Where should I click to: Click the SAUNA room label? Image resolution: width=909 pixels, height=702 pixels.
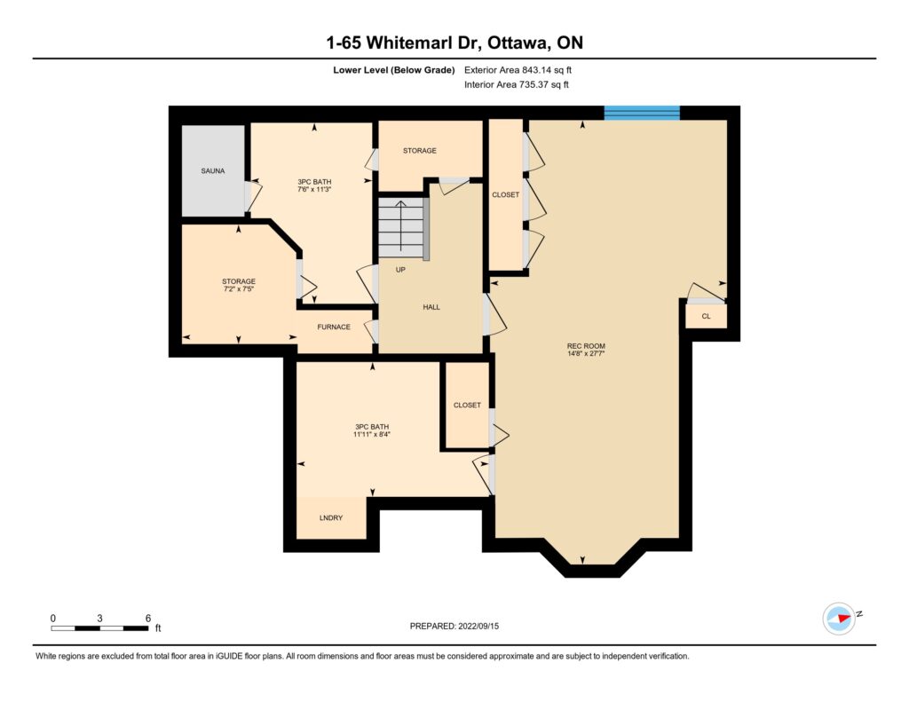point(213,171)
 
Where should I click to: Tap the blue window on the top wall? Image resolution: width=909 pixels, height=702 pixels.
point(642,113)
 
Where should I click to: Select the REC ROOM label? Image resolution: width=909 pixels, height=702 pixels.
point(586,346)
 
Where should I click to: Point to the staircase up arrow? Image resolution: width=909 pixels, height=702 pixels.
point(400,226)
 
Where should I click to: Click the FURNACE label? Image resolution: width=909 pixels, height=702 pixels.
point(334,327)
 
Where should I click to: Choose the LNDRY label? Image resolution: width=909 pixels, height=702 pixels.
point(331,517)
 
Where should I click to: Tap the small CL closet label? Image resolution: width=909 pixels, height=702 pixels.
point(706,316)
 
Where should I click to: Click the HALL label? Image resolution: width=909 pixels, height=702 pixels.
point(431,307)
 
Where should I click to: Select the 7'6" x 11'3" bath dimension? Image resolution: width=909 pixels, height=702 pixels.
point(314,189)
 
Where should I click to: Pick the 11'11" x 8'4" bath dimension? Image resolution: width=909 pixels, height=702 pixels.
point(372,434)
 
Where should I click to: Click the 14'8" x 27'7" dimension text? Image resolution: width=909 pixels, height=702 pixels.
point(586,353)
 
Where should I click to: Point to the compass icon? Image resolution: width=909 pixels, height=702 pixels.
point(839,619)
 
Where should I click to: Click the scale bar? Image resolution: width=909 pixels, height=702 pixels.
point(99,627)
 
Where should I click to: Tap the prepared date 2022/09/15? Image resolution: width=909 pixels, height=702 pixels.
point(478,626)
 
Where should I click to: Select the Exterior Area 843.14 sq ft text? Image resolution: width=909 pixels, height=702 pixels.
point(518,70)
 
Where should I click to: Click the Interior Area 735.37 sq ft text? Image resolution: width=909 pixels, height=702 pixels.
point(517,84)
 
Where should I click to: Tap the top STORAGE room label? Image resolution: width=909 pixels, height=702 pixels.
point(420,151)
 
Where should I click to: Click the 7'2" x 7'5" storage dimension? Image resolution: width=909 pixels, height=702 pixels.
point(239,288)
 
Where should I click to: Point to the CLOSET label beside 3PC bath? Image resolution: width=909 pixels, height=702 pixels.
point(467,406)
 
